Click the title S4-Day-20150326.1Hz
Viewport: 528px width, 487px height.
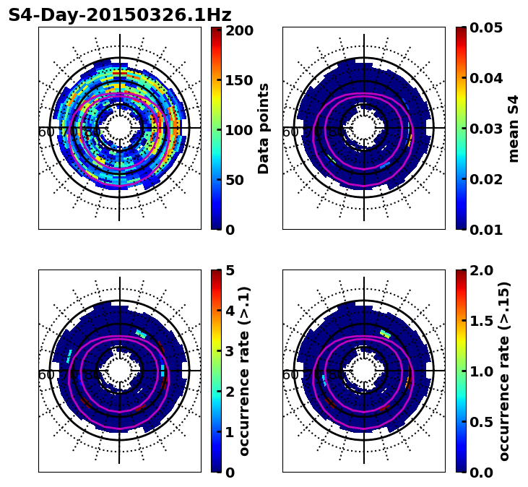click(120, 15)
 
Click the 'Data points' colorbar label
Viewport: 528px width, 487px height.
click(264, 129)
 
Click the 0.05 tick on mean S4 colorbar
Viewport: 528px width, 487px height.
click(485, 27)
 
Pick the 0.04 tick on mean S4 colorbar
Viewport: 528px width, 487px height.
click(485, 78)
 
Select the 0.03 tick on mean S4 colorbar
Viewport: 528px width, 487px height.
click(485, 129)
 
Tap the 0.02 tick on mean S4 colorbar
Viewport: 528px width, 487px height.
click(485, 179)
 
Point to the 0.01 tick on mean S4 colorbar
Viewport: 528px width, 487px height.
click(485, 230)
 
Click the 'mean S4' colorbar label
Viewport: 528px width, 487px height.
click(514, 129)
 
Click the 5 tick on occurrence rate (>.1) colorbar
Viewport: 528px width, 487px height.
click(230, 270)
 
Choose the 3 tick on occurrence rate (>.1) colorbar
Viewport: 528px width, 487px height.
click(230, 351)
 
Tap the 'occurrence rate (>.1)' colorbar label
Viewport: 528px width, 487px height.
click(244, 371)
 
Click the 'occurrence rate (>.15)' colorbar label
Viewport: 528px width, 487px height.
click(504, 371)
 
